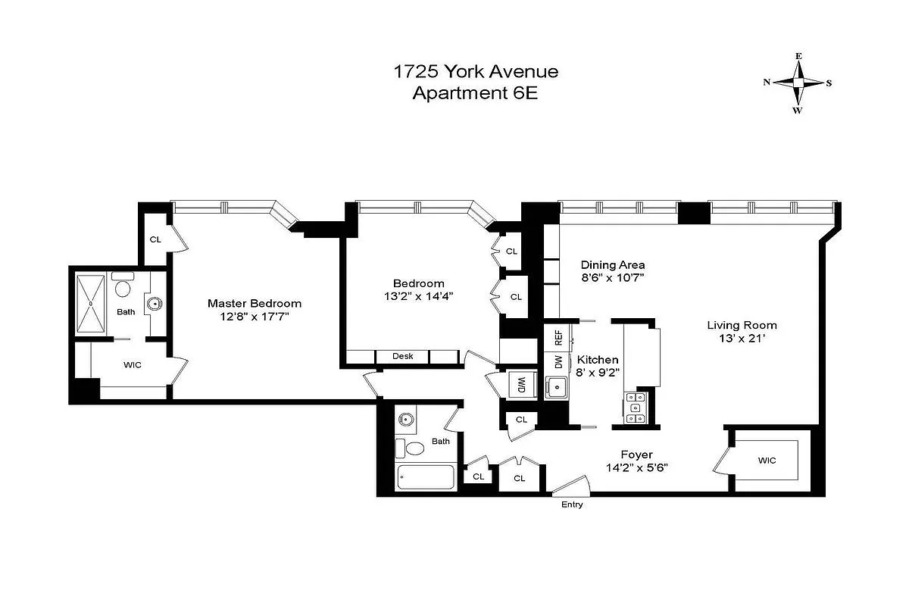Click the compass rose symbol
pos(798,82)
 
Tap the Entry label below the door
pos(572,504)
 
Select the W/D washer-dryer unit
pos(521,383)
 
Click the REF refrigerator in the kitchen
pos(558,336)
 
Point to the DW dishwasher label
pos(558,361)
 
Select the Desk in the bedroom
pos(402,356)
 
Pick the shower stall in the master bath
pos(91,303)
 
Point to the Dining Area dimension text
pos(613,278)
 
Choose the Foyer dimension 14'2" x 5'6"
pos(636,467)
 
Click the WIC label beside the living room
pos(767,460)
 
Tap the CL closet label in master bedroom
pos(155,239)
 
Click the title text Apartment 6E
pos(475,93)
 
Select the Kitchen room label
pos(598,359)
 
